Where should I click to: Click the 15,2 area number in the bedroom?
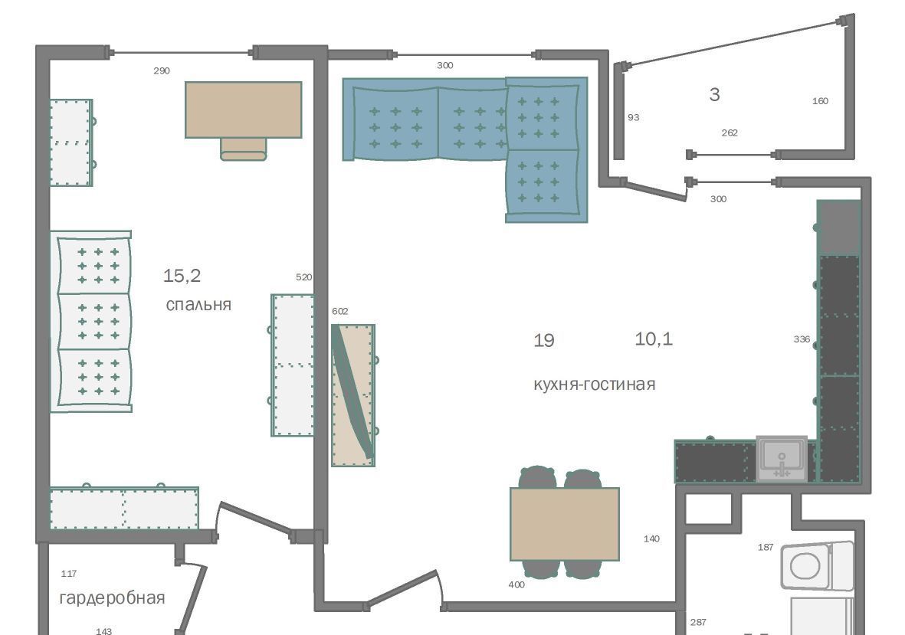pos(182,277)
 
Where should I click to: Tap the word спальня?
pos(198,305)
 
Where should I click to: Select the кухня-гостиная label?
pos(595,384)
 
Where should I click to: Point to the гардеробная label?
pos(112,598)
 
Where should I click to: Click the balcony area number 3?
pos(714,94)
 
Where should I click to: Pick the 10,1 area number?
pos(654,339)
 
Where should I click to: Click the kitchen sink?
pos(782,459)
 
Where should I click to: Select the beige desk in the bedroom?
pos(244,110)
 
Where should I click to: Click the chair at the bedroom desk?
pos(244,149)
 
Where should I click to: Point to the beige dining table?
pos(565,524)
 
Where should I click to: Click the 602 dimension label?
pos(340,312)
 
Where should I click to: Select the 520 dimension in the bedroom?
pos(303,277)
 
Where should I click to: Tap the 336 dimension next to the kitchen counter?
pos(802,339)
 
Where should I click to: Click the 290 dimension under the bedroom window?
pos(162,71)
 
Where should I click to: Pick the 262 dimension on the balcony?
pos(730,133)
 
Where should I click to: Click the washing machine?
pos(817,565)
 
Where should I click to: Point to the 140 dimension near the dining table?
pos(651,538)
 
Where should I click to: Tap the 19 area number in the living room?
pos(544,340)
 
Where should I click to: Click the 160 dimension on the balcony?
pos(820,101)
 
